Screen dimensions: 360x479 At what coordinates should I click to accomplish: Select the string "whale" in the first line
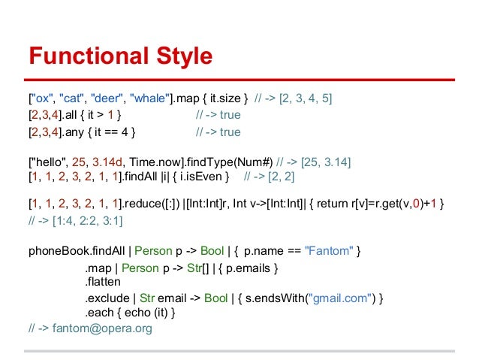(150, 98)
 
